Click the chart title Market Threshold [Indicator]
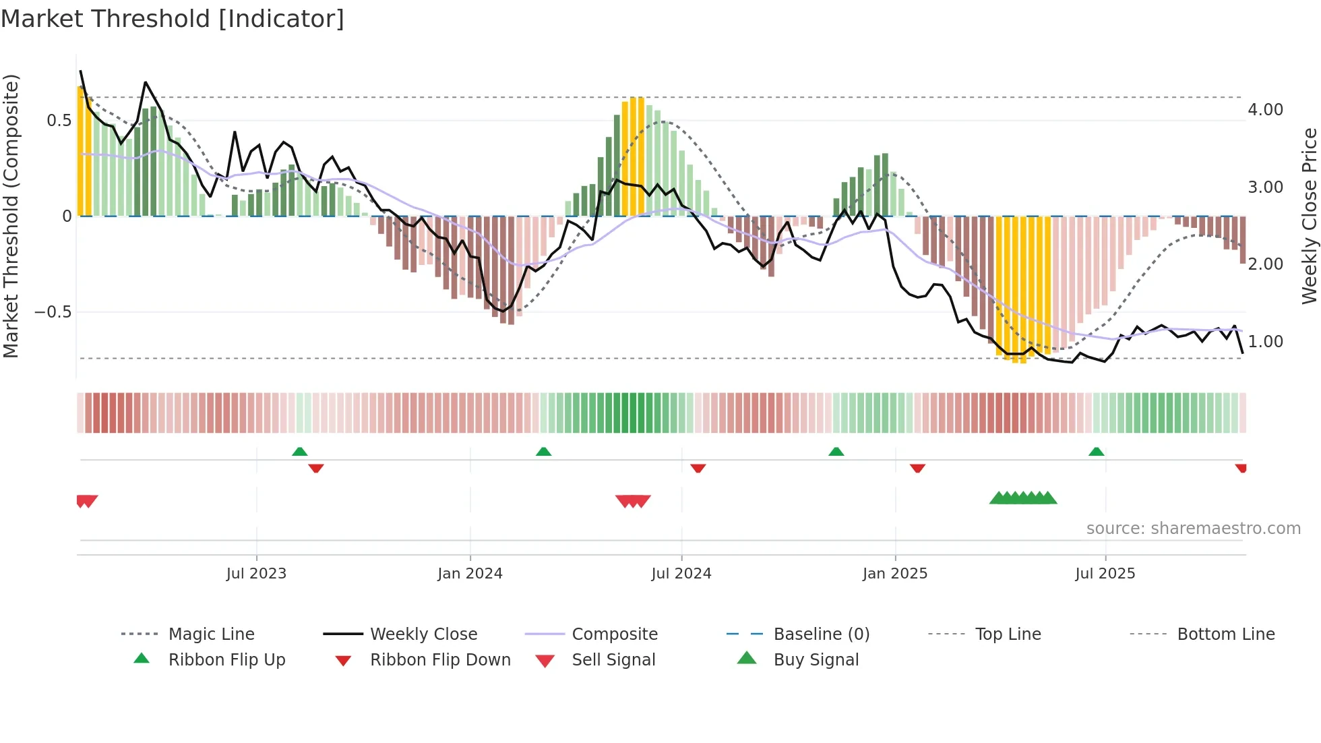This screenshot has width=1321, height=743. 173,19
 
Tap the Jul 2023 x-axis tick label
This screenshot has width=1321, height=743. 256,574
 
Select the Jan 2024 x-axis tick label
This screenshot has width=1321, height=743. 470,574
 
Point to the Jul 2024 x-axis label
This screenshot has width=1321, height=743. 681,574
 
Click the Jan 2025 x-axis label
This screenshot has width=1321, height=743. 894,574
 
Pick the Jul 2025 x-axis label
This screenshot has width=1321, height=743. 1105,574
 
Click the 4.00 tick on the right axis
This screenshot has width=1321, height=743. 1265,110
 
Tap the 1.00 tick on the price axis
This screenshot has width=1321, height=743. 1265,342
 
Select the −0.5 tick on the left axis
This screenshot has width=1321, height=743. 53,312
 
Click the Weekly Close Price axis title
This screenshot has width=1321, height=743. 1309,216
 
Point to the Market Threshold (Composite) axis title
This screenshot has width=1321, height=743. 11,216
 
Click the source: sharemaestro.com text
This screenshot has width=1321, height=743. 1193,529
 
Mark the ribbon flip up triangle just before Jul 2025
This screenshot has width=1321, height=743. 1096,452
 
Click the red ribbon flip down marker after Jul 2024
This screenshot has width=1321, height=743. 698,468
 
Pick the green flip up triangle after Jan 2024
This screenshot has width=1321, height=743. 543,452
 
